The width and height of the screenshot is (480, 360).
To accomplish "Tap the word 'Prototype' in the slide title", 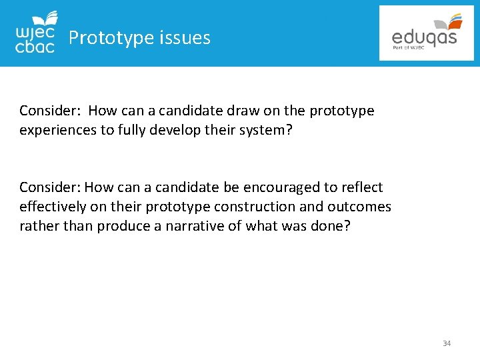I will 111,38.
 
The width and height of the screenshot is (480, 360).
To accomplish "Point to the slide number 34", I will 447,343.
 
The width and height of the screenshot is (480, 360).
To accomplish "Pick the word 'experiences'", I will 58,130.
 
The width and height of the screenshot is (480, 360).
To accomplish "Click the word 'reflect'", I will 360,187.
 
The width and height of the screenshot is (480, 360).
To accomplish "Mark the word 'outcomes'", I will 360,207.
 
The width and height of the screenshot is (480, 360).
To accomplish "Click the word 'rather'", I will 39,226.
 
